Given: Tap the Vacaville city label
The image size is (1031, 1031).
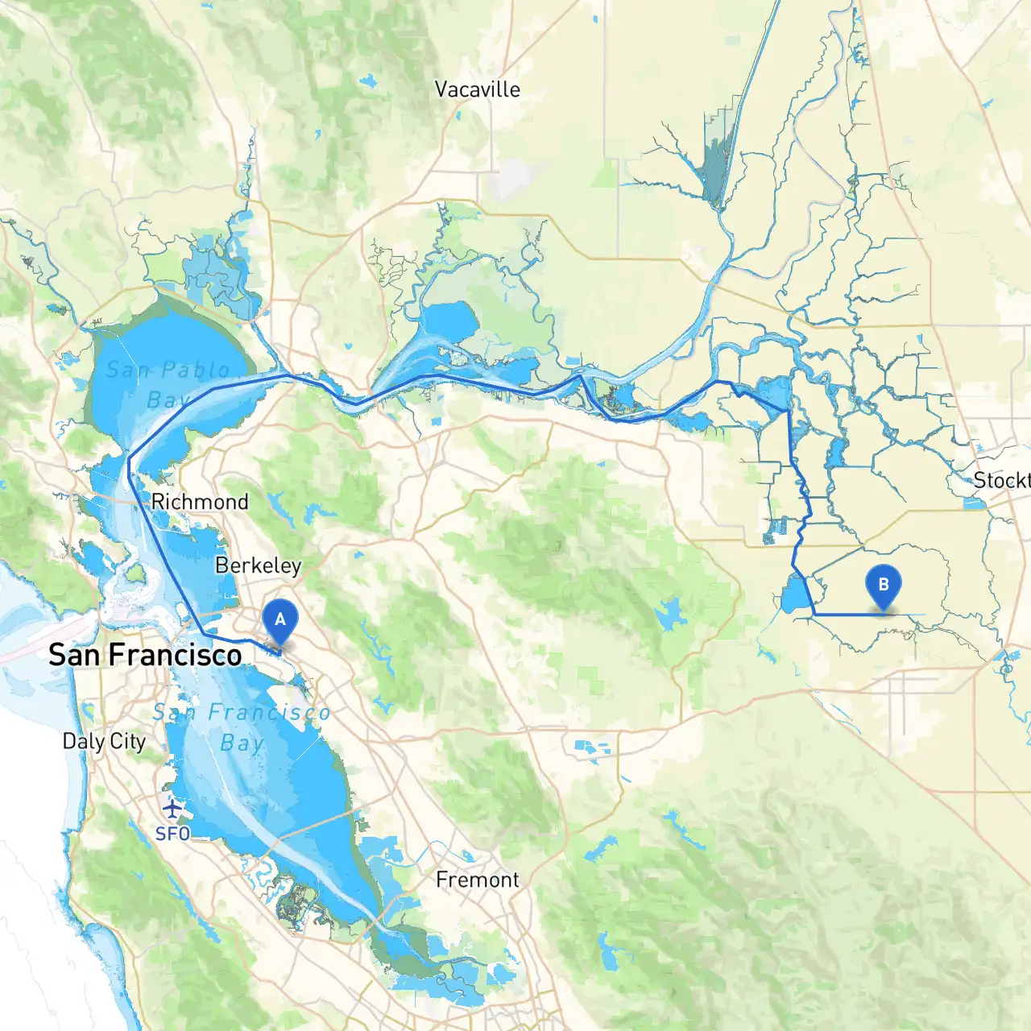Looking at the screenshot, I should (x=477, y=89).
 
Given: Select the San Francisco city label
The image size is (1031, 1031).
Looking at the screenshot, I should (x=145, y=655).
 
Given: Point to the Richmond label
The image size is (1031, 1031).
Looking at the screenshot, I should (x=200, y=502).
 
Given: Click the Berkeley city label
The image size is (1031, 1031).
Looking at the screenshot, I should (x=258, y=565).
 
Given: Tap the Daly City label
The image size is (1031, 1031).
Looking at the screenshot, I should (x=104, y=741).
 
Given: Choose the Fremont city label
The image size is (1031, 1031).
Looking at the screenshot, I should (x=477, y=880).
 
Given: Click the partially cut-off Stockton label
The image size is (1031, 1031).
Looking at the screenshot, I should (x=1001, y=481).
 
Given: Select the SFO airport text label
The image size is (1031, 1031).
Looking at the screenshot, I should (x=172, y=834).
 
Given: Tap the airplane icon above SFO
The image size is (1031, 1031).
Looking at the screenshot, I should (x=172, y=808).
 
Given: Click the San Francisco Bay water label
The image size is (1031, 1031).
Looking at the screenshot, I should (x=242, y=727).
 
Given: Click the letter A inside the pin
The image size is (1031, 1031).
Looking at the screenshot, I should (x=280, y=619).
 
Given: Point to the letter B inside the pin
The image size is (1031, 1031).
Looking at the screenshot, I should (x=883, y=584).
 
